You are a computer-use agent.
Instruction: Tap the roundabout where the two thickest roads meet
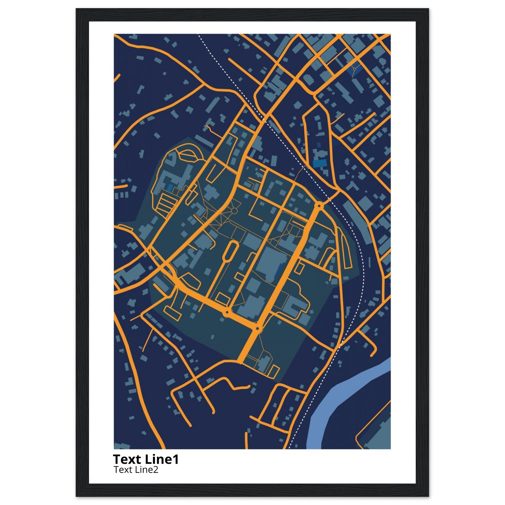click(x=257, y=328)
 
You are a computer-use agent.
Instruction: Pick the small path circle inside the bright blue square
click(x=355, y=69)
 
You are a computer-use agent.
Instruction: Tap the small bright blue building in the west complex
click(x=170, y=187)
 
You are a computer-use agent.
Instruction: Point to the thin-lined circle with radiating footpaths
click(x=234, y=211)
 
